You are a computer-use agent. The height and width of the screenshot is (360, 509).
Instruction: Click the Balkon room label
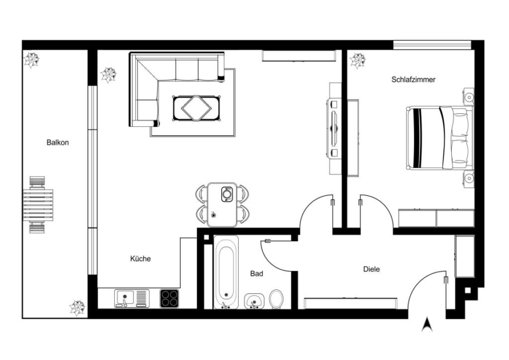point(58,142)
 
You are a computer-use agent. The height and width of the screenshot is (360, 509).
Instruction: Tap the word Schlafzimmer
point(413,80)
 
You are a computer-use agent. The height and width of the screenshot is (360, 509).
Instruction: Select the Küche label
point(141,259)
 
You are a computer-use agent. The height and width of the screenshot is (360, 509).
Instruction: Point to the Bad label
point(256,273)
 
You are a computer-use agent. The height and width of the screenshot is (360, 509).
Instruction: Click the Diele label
point(372,269)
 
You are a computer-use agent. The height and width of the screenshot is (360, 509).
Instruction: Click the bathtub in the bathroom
point(226,272)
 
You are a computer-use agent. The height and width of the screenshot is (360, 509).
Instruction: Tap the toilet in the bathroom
point(276,299)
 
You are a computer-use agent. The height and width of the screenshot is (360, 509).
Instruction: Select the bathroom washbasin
point(254,301)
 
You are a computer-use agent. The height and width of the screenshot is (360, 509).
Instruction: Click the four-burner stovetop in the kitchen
point(170,298)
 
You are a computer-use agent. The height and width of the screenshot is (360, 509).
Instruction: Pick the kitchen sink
point(132,298)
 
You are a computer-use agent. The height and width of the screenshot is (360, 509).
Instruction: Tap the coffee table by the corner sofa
point(197,108)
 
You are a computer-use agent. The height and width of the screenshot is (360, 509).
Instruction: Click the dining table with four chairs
point(222,205)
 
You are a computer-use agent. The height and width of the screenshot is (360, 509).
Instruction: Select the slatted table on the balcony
point(38,205)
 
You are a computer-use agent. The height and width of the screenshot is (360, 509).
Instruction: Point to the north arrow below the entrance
point(427,324)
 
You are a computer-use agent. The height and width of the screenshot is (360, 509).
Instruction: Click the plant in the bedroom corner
point(358,61)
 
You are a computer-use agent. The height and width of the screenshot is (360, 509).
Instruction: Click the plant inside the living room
point(109,75)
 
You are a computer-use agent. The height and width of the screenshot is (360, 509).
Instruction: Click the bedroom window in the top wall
point(432,45)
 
